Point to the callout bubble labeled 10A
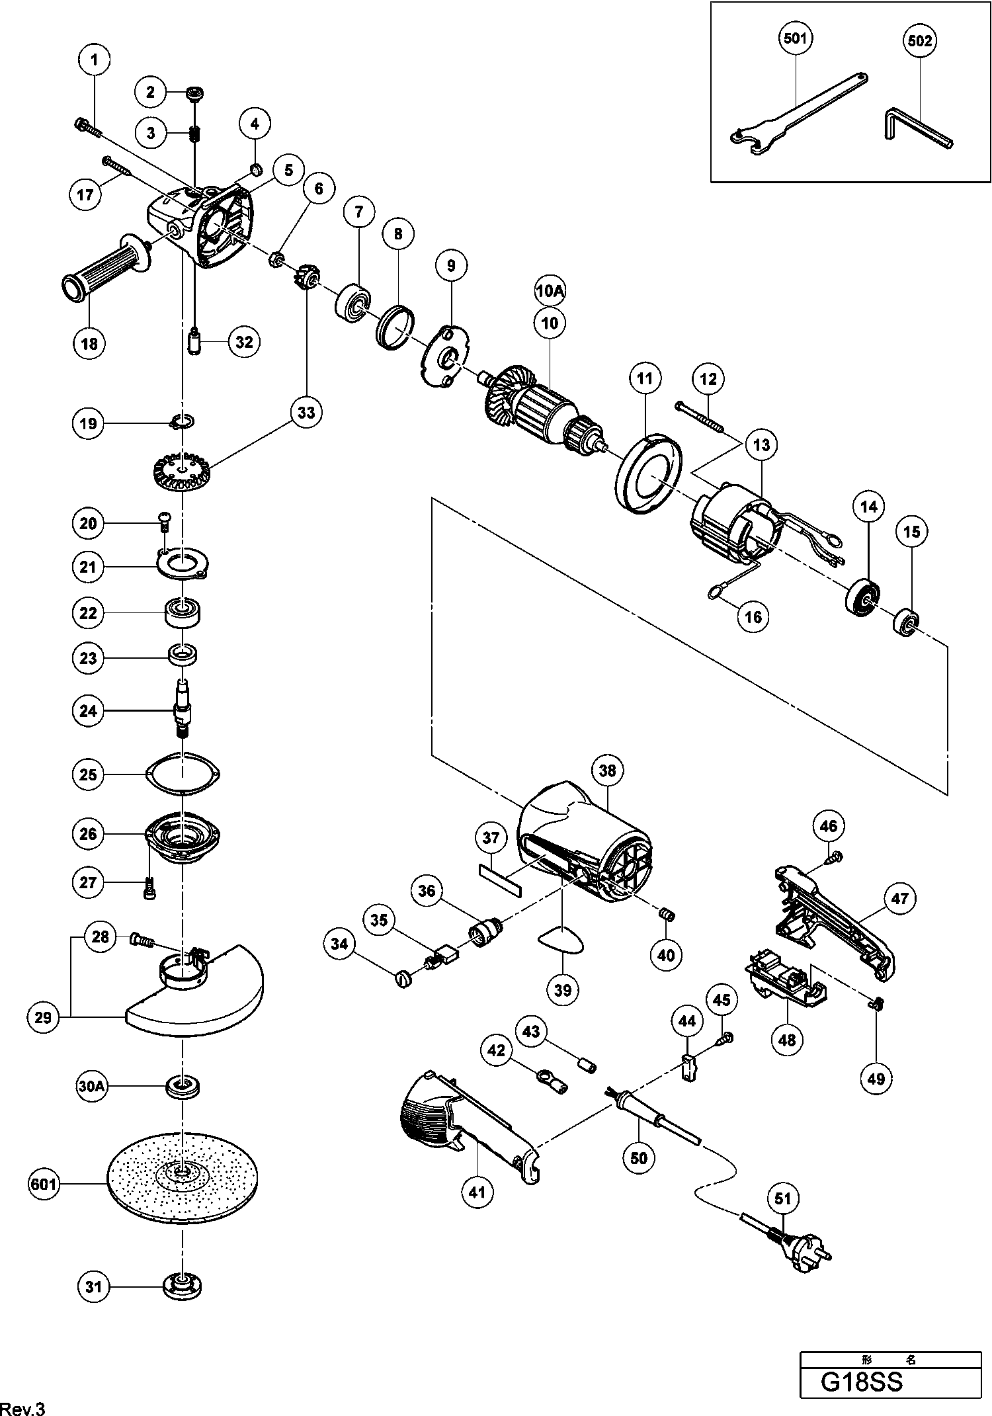coord(550,291)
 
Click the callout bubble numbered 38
coord(607,770)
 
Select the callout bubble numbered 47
coord(899,897)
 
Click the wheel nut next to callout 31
coord(182,1286)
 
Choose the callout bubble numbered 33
coord(306,412)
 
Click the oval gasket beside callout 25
coord(183,772)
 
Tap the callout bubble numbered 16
coord(753,616)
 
